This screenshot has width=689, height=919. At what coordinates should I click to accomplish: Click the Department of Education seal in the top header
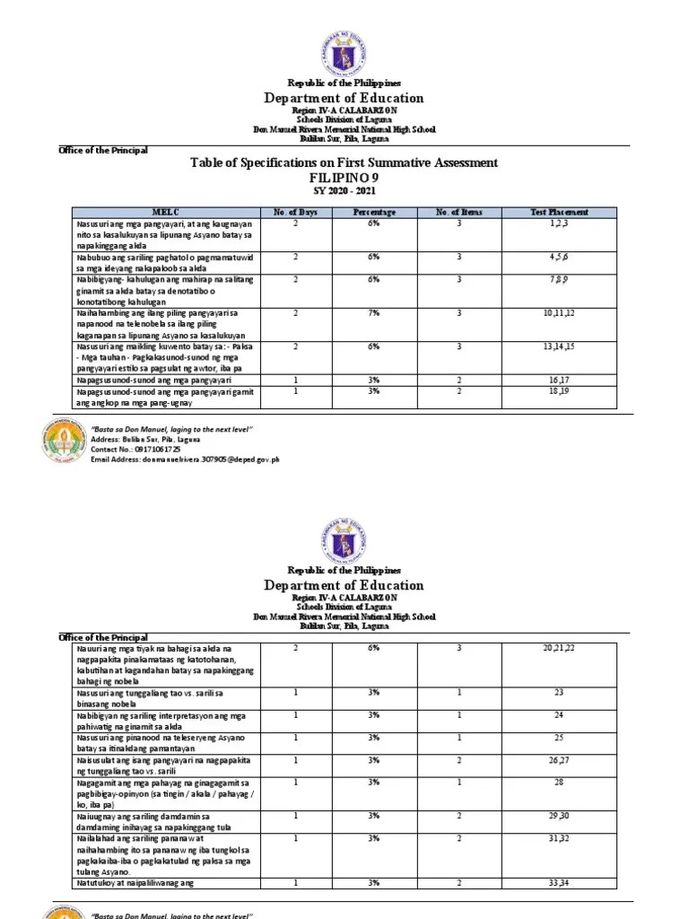coord(344,52)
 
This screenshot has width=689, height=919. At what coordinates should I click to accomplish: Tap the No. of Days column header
coord(296,212)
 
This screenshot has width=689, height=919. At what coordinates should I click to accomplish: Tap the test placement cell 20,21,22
coord(559,647)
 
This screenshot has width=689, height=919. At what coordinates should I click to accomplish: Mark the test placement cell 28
coord(559,783)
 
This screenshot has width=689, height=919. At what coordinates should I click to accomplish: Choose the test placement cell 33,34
coord(559,884)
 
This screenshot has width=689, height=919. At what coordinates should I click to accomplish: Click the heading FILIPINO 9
coord(344,178)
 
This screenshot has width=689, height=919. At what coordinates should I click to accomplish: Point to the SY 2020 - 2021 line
coord(344,192)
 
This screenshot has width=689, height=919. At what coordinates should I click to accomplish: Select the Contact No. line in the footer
coord(135,449)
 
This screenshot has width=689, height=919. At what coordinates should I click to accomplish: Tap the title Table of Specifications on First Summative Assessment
coord(344,162)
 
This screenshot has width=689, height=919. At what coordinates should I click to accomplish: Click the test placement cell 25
coord(559,737)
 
